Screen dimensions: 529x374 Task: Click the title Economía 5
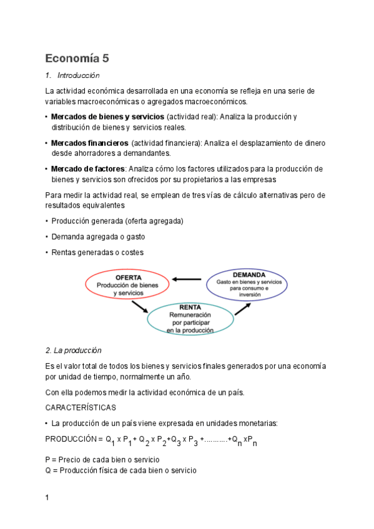point(77,59)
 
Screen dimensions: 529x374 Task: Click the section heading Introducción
point(78,75)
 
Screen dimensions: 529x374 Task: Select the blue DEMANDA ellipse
point(248,284)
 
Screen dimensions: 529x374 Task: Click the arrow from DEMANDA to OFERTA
point(187,279)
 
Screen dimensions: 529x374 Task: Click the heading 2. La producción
point(74,350)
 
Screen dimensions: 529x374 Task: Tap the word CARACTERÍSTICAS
point(81,407)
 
